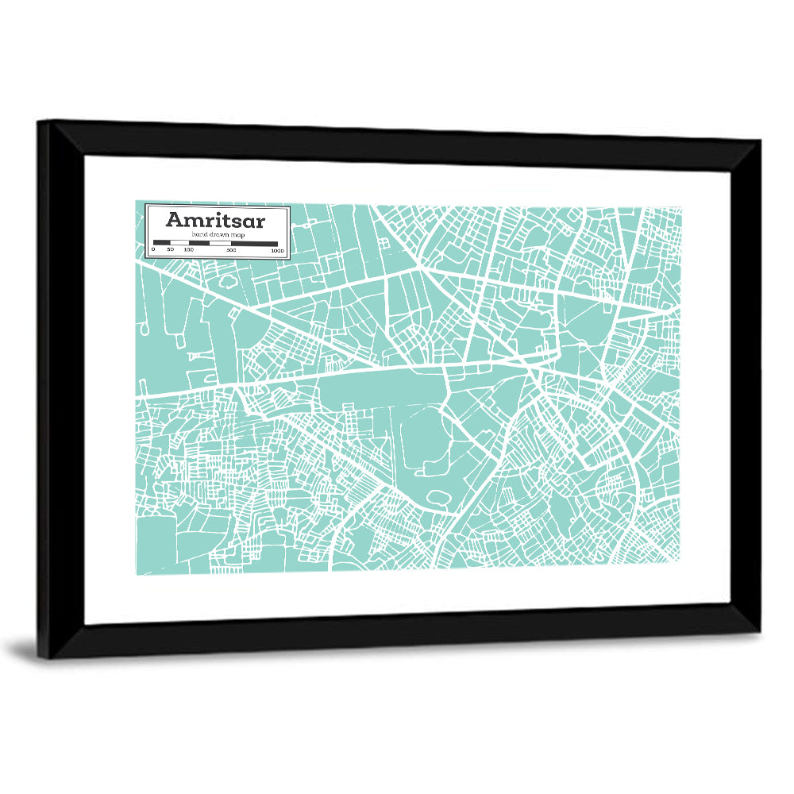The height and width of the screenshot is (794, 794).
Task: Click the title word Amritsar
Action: click(x=215, y=220)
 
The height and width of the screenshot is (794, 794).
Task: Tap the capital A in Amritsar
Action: click(x=175, y=220)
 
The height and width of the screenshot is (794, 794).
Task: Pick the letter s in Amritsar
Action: click(x=241, y=221)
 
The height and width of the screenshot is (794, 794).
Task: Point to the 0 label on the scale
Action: click(x=153, y=250)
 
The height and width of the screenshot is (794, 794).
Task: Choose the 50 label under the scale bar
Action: click(x=170, y=250)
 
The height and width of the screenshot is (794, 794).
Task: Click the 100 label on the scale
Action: click(x=188, y=250)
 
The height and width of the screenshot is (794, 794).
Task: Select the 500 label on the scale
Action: click(x=231, y=250)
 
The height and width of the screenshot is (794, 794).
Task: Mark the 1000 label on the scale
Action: click(x=277, y=250)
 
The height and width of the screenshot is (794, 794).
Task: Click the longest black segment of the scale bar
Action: click(x=254, y=243)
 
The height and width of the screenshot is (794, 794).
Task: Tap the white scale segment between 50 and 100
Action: click(x=179, y=243)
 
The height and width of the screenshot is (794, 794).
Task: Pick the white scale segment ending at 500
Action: click(x=221, y=243)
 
